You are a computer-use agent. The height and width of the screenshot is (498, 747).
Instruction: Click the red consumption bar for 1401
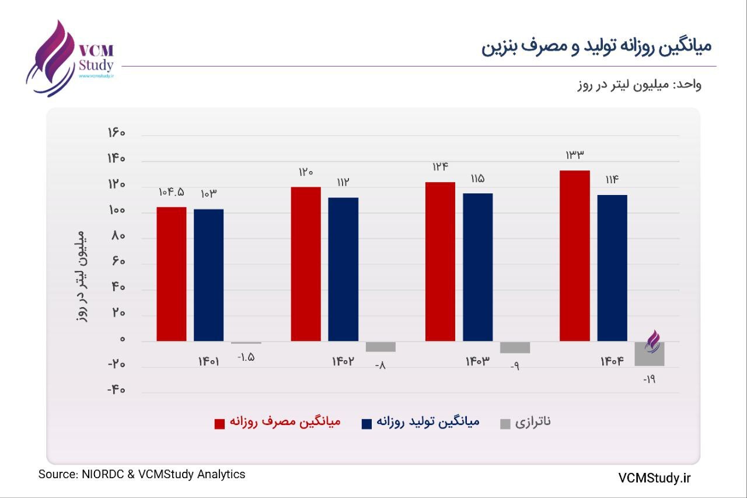(x=172, y=274)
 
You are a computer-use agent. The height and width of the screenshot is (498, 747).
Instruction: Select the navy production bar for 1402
(x=343, y=269)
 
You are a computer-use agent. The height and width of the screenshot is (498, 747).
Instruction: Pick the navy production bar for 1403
(x=478, y=267)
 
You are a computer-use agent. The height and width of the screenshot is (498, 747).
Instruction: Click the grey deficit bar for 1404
(x=650, y=354)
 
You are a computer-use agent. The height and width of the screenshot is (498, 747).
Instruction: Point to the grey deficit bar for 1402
(x=381, y=347)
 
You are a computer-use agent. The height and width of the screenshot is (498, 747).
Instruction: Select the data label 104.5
(x=171, y=193)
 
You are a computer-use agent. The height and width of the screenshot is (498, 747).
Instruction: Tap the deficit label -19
(x=650, y=379)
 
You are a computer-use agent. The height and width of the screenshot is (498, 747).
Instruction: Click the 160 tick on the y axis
(x=117, y=133)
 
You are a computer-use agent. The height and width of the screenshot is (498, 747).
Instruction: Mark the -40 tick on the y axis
(x=117, y=390)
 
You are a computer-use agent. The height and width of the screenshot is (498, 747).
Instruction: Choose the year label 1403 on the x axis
(x=477, y=361)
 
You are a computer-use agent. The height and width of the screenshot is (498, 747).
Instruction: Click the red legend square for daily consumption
(x=220, y=423)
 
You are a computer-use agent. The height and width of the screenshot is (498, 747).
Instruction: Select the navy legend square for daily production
(x=367, y=423)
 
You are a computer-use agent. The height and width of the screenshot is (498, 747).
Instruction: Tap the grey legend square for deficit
(x=505, y=423)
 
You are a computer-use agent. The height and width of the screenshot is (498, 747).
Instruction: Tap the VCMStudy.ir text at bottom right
(x=654, y=478)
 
